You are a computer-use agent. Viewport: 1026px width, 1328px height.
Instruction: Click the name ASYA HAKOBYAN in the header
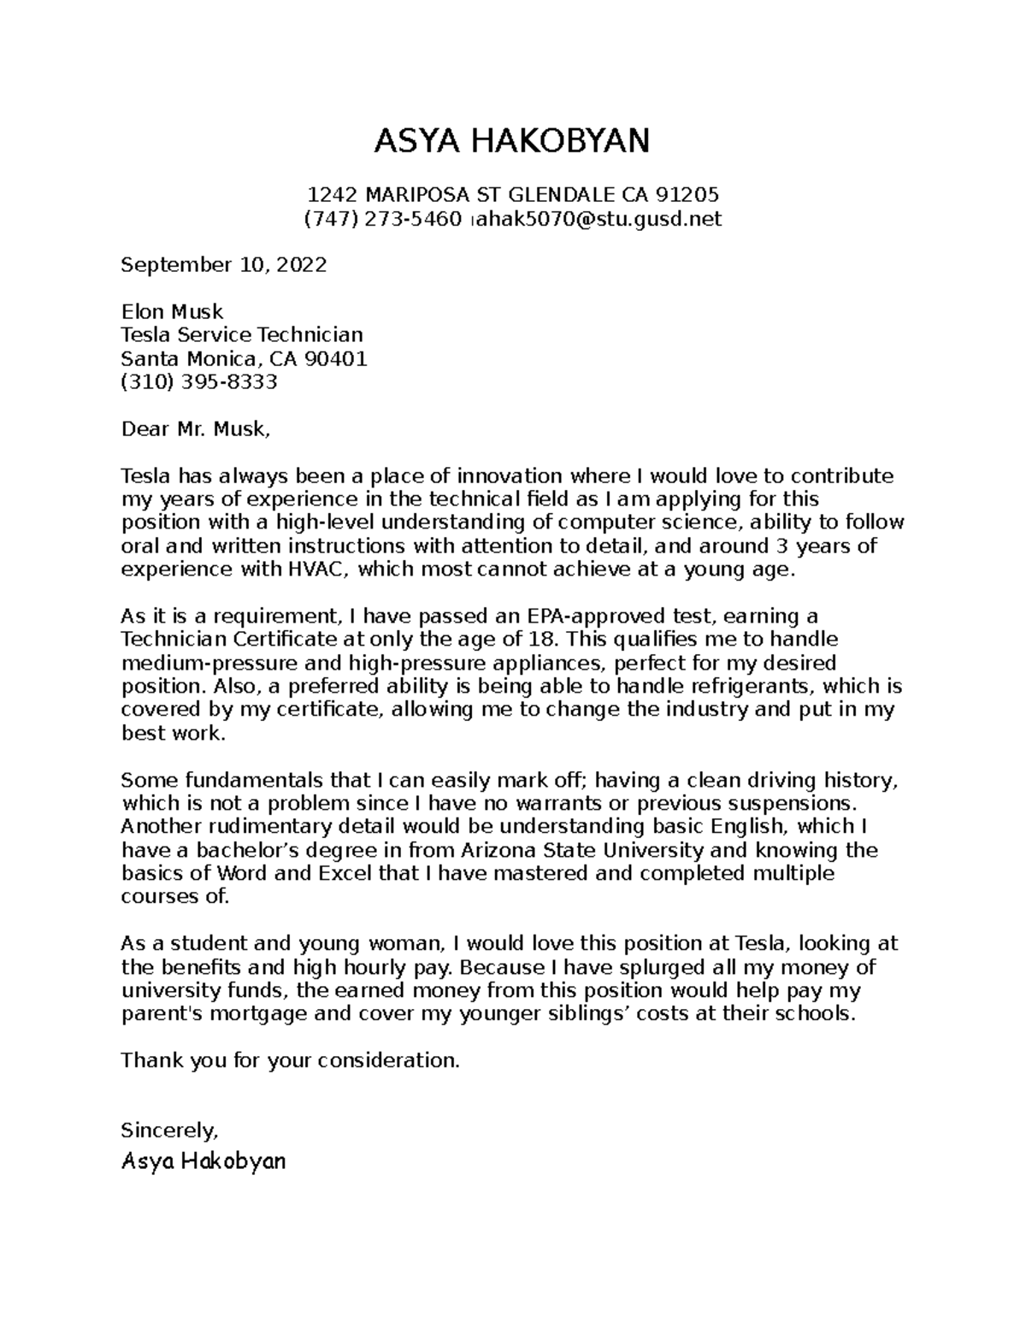point(512,141)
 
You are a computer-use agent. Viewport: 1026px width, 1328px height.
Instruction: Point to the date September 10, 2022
point(224,265)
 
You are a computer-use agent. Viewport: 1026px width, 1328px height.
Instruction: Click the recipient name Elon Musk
point(172,312)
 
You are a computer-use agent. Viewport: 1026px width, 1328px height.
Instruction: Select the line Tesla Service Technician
point(242,335)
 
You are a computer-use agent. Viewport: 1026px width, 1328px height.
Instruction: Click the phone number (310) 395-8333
point(199,382)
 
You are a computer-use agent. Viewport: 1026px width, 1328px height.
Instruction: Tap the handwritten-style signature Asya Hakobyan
point(203,1162)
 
